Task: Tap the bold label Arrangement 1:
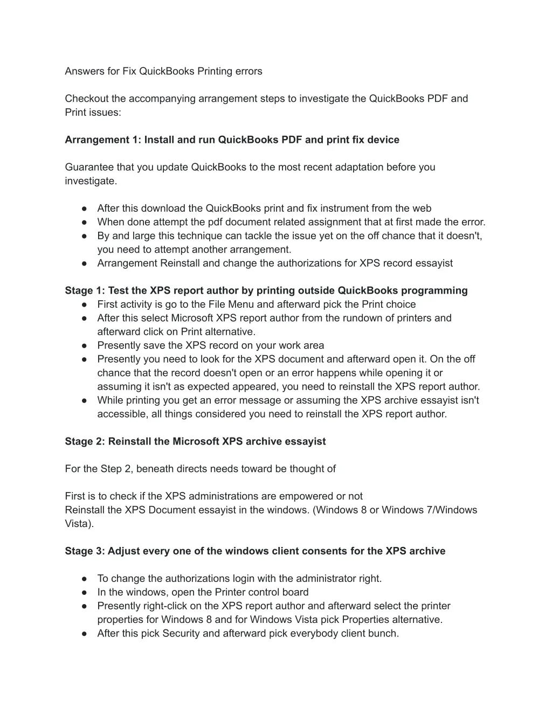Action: point(103,140)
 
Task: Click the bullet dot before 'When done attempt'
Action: point(85,222)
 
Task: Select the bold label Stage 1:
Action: point(85,291)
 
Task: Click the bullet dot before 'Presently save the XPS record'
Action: point(85,345)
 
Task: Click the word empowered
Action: point(309,496)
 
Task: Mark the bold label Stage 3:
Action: point(85,551)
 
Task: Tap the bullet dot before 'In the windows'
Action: point(85,592)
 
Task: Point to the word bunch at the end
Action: point(384,634)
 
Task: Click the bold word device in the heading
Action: point(383,140)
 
